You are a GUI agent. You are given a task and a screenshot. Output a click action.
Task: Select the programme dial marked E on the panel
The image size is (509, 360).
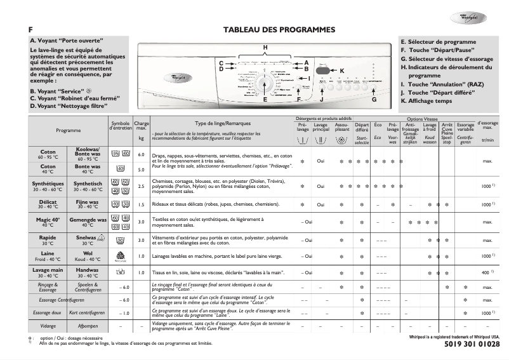265,84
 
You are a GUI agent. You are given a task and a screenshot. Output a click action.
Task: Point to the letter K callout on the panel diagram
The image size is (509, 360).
341,70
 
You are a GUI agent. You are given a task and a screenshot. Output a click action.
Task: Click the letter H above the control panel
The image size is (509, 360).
265,48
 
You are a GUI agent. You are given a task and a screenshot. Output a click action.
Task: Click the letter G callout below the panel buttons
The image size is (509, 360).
374,100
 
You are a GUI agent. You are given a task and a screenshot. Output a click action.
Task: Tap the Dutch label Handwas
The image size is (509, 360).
86,269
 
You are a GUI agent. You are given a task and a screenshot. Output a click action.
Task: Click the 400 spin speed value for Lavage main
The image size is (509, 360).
485,272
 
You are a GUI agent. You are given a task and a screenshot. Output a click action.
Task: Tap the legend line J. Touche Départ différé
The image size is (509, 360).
438,92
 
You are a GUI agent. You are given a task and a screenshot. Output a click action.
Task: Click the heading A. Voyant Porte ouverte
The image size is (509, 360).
67,41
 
